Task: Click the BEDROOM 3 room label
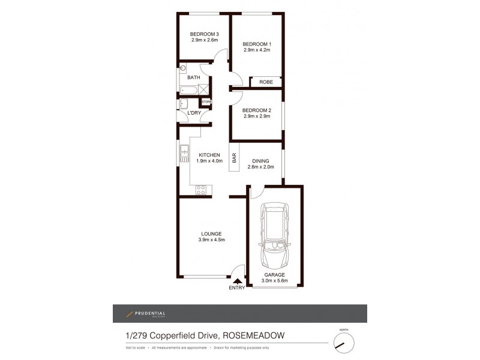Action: point(204,34)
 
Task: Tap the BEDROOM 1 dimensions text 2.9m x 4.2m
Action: point(257,50)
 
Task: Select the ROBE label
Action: point(266,82)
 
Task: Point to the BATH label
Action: point(193,78)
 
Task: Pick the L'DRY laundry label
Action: point(194,113)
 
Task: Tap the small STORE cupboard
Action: point(206,102)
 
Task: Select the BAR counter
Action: point(234,158)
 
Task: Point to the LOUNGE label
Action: point(211,233)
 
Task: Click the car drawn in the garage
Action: point(274,238)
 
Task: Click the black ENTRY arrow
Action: point(238,280)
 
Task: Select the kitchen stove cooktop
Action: point(201,190)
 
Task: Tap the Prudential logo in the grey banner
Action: point(145,313)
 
